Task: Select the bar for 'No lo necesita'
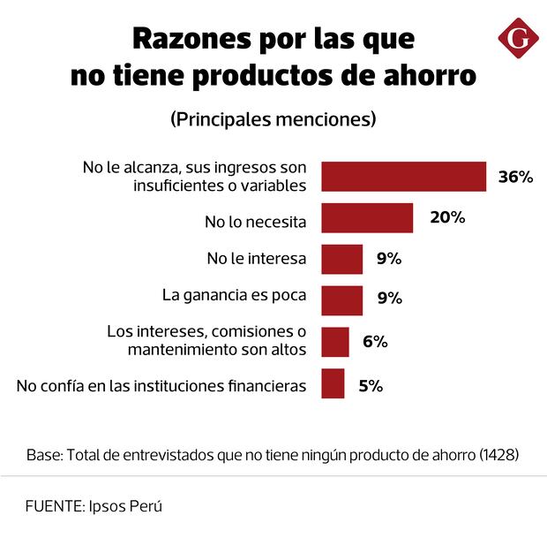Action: [x=367, y=218]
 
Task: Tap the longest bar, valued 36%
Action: [x=403, y=177]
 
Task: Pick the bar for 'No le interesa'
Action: [x=341, y=260]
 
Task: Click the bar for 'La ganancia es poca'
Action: [x=341, y=300]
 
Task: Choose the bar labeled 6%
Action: [x=334, y=342]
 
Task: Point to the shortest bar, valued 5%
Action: [x=333, y=383]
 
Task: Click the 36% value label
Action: [x=515, y=177]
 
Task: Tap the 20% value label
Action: [x=447, y=217]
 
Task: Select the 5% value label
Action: [x=370, y=385]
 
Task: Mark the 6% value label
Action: [x=375, y=342]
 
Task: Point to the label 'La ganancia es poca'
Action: [x=234, y=295]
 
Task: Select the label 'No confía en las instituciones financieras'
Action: [x=161, y=385]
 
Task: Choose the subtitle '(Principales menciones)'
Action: [x=273, y=117]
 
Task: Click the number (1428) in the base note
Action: [x=498, y=456]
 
